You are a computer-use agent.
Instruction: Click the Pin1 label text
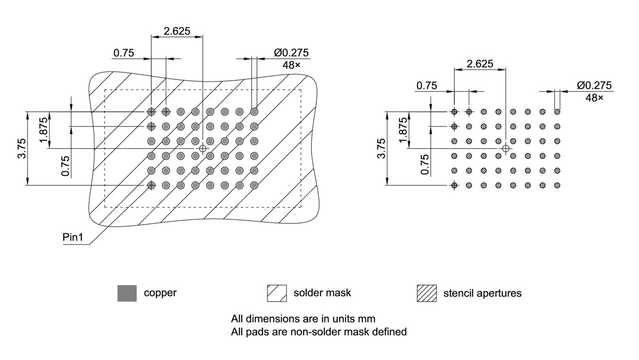[73, 237]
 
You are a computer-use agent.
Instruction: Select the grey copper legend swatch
[127, 293]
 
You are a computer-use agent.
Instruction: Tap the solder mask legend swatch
[277, 293]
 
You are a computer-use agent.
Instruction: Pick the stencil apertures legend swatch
[426, 293]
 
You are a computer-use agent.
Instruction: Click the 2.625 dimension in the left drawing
[177, 31]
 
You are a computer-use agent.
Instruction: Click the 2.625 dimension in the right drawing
[479, 63]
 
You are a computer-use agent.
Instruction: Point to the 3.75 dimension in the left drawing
[21, 148]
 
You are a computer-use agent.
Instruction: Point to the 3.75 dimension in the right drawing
[381, 148]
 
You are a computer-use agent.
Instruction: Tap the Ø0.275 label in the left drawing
[292, 52]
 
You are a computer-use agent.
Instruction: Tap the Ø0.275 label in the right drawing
[594, 85]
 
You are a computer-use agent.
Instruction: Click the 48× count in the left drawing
[292, 64]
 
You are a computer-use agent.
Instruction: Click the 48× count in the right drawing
[594, 97]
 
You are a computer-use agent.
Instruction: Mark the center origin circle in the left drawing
[203, 148]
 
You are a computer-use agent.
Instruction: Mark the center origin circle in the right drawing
[506, 148]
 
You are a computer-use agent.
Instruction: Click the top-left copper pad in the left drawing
[151, 111]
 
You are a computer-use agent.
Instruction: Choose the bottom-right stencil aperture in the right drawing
[557, 185]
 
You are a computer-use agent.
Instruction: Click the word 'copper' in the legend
[160, 293]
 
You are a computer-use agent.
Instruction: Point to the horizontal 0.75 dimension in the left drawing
[123, 53]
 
